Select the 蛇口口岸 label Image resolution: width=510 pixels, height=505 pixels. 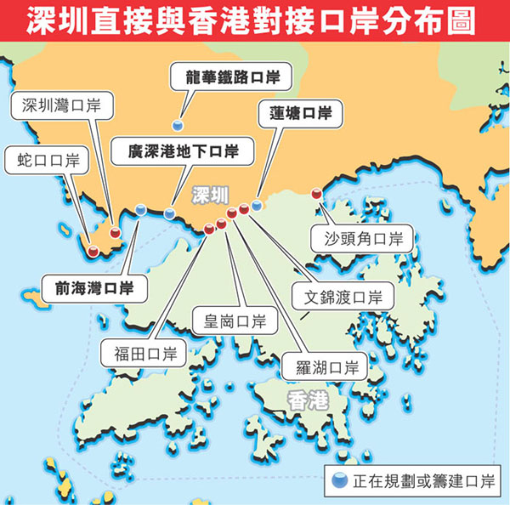coord(48,159)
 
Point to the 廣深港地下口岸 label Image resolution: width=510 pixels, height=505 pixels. coord(183,152)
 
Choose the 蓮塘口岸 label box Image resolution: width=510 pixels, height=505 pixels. coord(295,112)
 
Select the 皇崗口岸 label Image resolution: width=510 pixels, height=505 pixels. coord(229,321)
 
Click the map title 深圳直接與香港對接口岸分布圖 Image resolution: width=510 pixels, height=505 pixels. coord(255,20)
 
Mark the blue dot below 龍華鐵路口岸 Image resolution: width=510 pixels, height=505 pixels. coord(178,124)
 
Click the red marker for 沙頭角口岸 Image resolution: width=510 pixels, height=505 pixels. coord(317,194)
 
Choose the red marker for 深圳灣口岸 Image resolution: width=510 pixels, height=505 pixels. coord(115,230)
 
